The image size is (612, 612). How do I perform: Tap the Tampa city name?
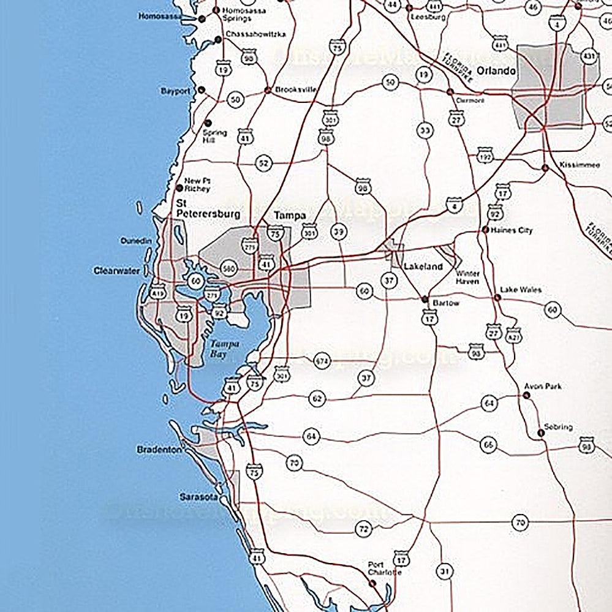click(290, 216)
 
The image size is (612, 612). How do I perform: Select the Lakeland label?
click(423, 266)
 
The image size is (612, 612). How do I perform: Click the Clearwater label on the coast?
click(117, 270)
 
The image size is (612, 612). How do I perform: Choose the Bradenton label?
click(159, 450)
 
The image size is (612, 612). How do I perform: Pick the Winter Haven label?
click(467, 277)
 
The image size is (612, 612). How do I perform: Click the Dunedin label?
click(135, 241)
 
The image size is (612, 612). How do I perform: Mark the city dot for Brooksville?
click(267, 90)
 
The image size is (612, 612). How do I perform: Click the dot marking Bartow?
click(424, 299)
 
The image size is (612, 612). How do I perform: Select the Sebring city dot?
click(540, 433)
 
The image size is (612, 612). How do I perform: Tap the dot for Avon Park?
click(526, 396)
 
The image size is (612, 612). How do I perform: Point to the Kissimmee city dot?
click(545, 167)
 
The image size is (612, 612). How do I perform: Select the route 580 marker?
click(229, 268)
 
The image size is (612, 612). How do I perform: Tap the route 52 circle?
click(263, 164)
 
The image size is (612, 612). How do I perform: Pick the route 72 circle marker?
click(364, 528)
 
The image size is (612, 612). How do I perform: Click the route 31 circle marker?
click(445, 572)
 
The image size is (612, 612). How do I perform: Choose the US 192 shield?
click(485, 157)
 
